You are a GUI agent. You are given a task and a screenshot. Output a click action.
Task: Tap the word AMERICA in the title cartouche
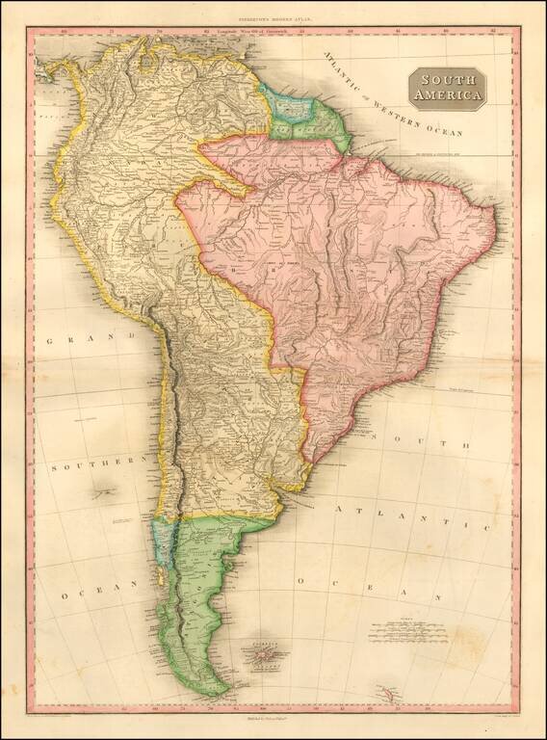[446, 95]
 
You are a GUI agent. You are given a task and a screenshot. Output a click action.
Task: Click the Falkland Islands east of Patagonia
[260, 657]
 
